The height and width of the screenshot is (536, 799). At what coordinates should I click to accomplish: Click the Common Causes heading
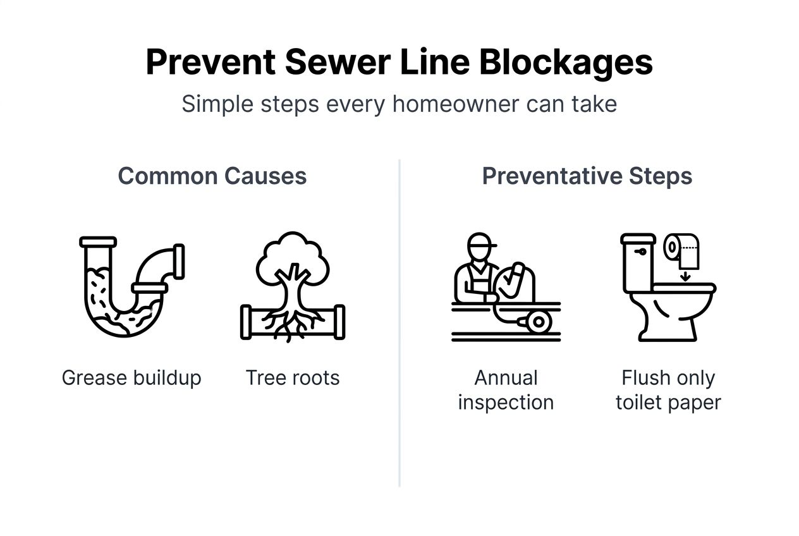click(x=212, y=176)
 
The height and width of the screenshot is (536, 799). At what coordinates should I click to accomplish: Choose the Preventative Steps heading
click(x=587, y=176)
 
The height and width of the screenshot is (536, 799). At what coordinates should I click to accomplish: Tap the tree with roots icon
click(x=293, y=288)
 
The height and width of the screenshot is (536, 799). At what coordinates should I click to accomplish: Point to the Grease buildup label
click(x=131, y=378)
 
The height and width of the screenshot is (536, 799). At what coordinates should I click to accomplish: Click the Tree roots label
click(x=293, y=378)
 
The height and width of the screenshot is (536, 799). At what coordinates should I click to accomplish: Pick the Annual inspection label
click(x=506, y=390)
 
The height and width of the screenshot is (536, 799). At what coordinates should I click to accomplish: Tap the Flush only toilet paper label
click(x=668, y=390)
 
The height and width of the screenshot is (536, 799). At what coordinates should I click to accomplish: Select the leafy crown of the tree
click(x=292, y=253)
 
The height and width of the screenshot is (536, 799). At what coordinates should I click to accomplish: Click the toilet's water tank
click(x=638, y=262)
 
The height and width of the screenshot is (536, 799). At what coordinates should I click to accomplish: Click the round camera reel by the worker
click(x=539, y=322)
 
